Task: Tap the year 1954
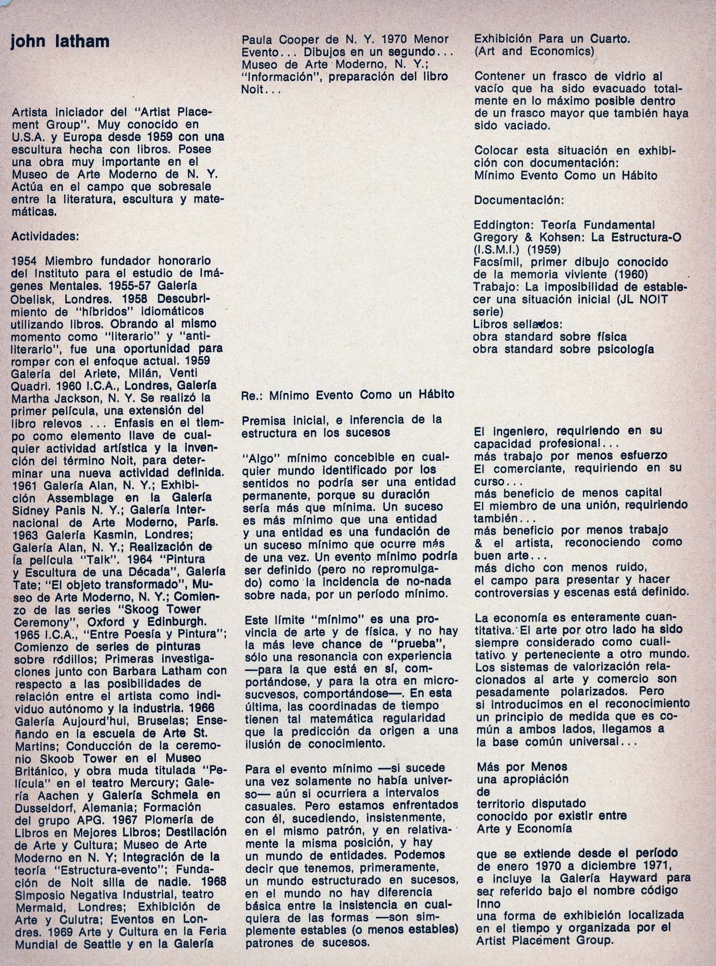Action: pos(25,261)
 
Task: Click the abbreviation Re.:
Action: pos(252,395)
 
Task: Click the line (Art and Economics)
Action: pos(534,52)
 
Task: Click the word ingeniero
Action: pos(518,430)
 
